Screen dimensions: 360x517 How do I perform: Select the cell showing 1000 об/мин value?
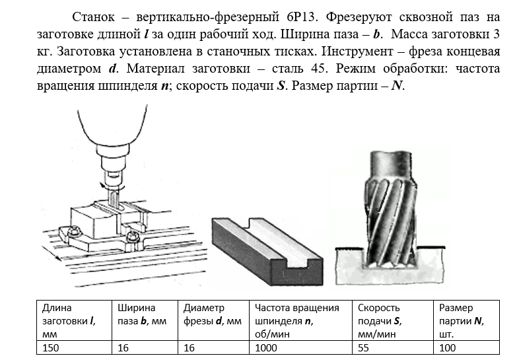265,347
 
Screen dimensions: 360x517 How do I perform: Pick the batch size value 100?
447,347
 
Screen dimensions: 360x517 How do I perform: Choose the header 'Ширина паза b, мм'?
140,314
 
